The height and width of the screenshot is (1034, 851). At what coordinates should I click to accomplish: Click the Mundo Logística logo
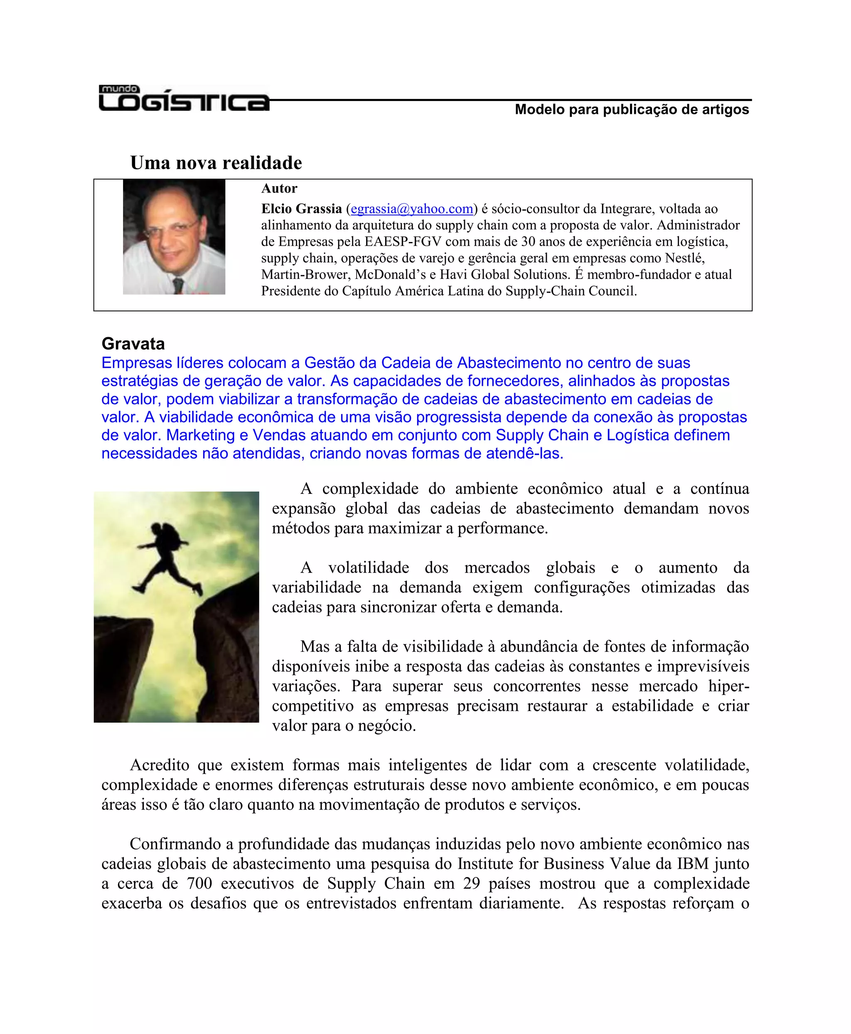[x=184, y=98]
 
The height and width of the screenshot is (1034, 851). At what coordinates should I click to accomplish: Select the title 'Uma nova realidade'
[x=216, y=163]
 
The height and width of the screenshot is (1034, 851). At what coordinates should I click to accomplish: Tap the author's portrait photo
[x=174, y=237]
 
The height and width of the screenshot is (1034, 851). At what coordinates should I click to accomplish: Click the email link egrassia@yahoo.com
[x=412, y=209]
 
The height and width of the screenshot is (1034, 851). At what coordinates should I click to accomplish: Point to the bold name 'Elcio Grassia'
[x=301, y=209]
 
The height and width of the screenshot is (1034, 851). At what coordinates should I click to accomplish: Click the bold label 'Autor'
[x=279, y=188]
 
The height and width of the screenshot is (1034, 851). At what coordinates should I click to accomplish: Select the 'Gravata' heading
[x=133, y=344]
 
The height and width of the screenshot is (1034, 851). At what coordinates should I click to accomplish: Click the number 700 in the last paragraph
[x=199, y=883]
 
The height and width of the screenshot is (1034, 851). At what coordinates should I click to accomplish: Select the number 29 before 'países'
[x=471, y=883]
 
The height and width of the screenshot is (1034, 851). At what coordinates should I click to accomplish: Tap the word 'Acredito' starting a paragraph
[x=159, y=765]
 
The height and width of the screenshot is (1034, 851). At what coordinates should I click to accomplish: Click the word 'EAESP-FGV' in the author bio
[x=403, y=242]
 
